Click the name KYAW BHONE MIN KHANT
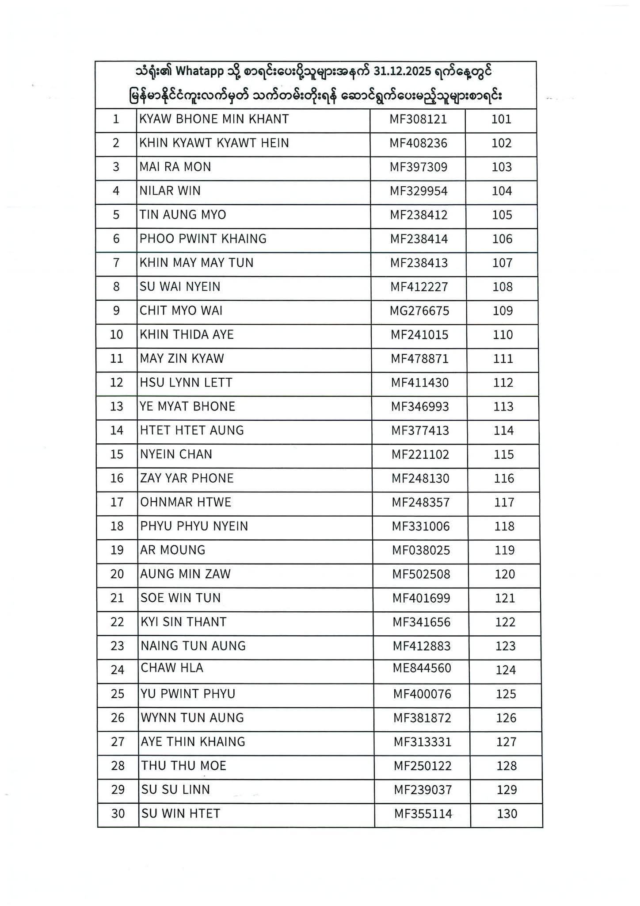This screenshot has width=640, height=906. pos(214,119)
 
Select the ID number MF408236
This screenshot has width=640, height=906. pos(418,143)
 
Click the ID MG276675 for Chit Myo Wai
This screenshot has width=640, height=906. pos(419,311)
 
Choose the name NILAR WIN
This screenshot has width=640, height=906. pos(170,191)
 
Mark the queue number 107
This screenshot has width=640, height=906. pos(502,263)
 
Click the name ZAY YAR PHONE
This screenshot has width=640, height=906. pos(187,478)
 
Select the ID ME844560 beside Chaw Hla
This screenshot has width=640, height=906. pos(422,668)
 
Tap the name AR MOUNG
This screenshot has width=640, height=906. pos(173,550)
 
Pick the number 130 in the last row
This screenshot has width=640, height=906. pos(507,814)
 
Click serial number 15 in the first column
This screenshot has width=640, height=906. pos(117,454)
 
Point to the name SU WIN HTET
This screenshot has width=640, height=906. pos(181,814)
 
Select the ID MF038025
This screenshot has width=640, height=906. pos(421,550)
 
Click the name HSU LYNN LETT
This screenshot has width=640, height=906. pos(186,382)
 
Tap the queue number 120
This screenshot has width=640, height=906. pos(505,574)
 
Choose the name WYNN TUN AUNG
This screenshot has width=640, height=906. pos(192,718)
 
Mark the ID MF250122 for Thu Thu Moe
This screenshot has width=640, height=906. pos(423,766)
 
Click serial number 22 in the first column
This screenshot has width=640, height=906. pos(117,622)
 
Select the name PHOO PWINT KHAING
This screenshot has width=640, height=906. pos(203,239)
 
